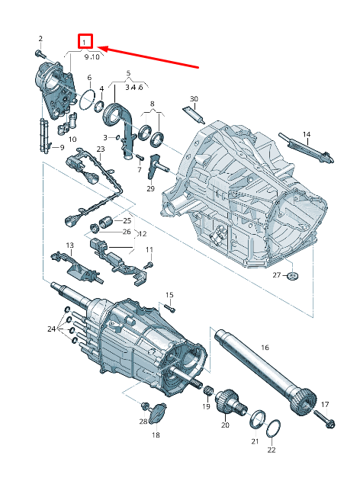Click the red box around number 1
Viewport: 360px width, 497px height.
[x=86, y=42]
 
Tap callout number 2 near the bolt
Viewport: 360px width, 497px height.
[x=40, y=38]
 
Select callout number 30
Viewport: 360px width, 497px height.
[x=193, y=99]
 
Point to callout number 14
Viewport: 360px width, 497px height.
[x=307, y=135]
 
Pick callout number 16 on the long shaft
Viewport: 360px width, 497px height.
[x=265, y=348]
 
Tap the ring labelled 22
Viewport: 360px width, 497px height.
[x=273, y=428]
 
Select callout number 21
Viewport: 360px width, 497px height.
[x=255, y=441]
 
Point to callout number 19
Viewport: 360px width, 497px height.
[x=206, y=407]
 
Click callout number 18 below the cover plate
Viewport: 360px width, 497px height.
[x=156, y=435]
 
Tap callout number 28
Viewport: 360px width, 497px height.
[x=143, y=421]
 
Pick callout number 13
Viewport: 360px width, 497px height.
[x=69, y=245]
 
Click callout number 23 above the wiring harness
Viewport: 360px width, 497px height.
[x=100, y=149]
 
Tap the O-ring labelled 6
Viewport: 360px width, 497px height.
[x=89, y=98]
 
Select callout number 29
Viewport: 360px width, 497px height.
[x=151, y=188]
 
